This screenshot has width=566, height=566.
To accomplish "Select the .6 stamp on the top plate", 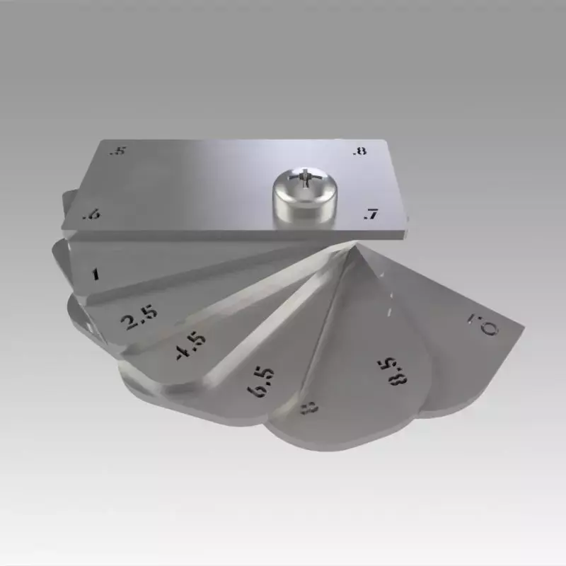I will click(x=90, y=215).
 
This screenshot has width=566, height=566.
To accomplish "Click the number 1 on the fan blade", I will click(x=96, y=274).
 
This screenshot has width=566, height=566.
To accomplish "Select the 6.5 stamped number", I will click(x=259, y=381).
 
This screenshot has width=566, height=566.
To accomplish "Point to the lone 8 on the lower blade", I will click(x=309, y=407).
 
